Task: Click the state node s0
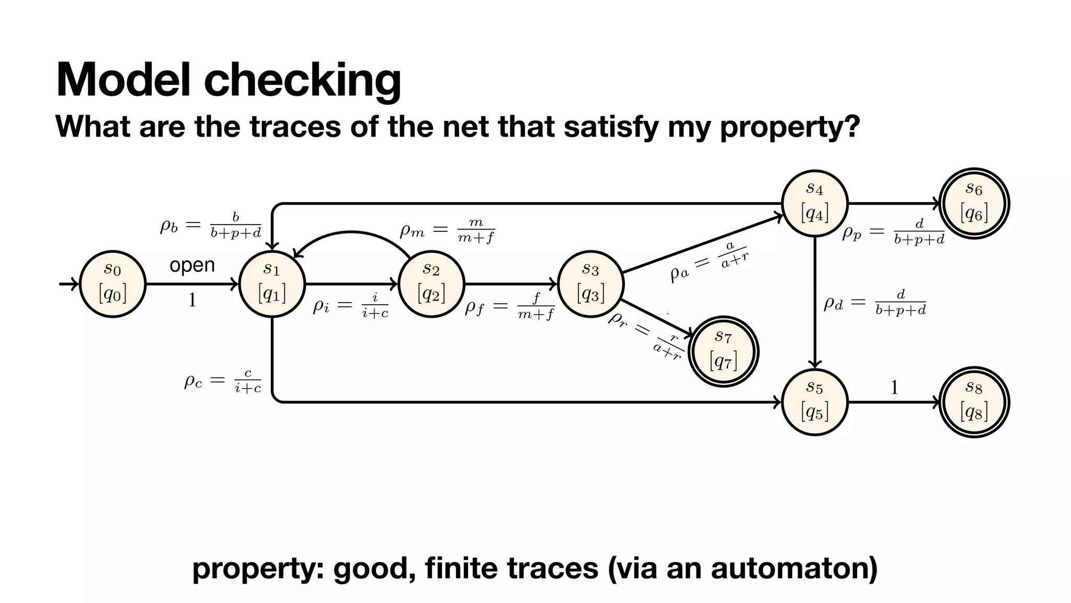pos(112,284)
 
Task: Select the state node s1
pos(272,284)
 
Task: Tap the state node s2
pos(431,284)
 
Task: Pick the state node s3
pos(591,284)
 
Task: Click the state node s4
pos(815,203)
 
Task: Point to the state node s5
pos(815,402)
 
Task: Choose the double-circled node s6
pos(974,203)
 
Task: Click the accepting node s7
pos(723,351)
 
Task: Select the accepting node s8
pos(974,402)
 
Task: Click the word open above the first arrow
pos(192,265)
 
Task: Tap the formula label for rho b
pos(210,226)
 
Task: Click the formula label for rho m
pos(447,231)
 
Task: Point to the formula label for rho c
pos(222,381)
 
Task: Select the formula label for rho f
pos(510,307)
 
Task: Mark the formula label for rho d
pos(874,303)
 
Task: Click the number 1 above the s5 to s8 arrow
pos(894,388)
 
